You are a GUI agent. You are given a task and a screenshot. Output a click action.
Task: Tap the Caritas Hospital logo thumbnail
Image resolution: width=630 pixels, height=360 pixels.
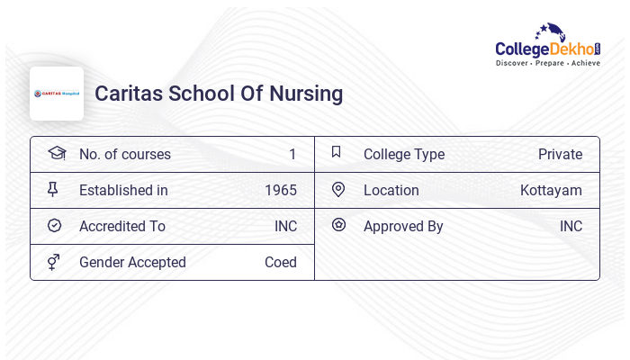(x=57, y=94)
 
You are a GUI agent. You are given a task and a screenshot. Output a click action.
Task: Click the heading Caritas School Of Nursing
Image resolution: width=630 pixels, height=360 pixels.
(x=219, y=94)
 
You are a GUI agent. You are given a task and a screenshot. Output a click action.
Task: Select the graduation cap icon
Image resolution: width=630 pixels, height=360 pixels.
(x=57, y=153)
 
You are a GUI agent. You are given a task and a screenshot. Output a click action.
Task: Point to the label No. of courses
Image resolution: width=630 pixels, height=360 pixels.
(x=124, y=154)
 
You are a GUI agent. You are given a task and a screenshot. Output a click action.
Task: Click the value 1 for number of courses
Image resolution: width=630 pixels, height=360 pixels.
(x=292, y=154)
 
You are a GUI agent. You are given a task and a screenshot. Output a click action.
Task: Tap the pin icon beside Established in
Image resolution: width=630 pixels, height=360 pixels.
(x=53, y=189)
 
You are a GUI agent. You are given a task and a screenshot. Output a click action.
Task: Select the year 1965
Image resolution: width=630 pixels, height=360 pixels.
(x=281, y=190)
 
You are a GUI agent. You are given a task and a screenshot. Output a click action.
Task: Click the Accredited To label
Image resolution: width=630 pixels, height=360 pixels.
(x=122, y=226)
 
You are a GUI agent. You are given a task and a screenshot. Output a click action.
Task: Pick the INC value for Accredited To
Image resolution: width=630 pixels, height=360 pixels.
(x=285, y=226)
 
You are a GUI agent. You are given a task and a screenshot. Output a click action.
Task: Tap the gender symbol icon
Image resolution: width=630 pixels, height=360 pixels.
(x=53, y=262)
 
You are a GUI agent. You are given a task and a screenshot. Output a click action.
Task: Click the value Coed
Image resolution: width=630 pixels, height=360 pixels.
(x=281, y=262)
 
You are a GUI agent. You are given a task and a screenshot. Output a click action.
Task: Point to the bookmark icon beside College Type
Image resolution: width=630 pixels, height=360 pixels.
(x=336, y=153)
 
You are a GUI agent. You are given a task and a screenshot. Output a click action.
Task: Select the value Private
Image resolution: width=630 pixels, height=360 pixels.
(x=560, y=154)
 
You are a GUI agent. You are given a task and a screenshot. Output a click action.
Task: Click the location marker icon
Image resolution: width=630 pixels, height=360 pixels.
(x=338, y=189)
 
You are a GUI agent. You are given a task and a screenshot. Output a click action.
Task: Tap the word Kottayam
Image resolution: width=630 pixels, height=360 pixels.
(x=551, y=190)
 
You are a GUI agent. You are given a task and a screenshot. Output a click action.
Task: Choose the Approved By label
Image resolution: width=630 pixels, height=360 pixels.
(x=403, y=226)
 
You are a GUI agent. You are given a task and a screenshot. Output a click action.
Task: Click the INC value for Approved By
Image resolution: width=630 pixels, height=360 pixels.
(x=571, y=226)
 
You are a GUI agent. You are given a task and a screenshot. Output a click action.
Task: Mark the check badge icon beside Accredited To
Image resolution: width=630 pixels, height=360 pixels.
(x=54, y=225)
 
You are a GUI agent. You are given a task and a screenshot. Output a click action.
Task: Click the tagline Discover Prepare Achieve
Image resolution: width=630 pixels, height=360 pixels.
(x=547, y=64)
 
